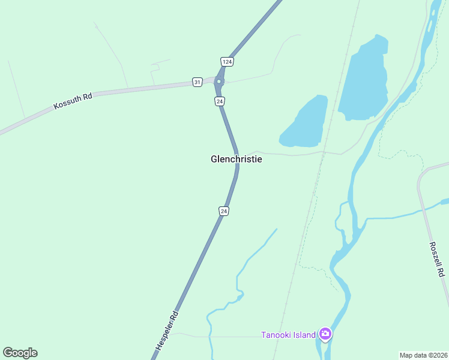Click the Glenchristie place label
(x=237, y=159)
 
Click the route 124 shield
(x=226, y=62)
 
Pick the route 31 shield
(x=197, y=82)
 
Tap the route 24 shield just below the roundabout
(x=220, y=101)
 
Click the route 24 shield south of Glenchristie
(x=223, y=211)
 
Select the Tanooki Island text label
(x=288, y=335)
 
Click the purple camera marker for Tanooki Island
(x=325, y=334)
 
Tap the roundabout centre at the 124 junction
(x=219, y=82)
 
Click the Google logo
(x=20, y=353)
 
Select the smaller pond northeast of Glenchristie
(x=306, y=123)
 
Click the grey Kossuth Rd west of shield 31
(x=138, y=89)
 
